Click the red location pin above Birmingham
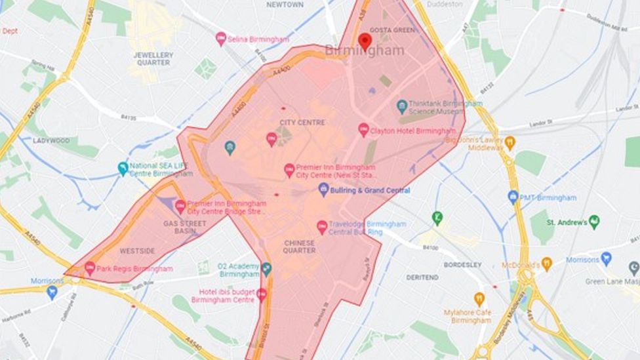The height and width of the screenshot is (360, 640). tap(365, 41)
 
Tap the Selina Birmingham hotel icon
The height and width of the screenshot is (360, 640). tap(221, 39)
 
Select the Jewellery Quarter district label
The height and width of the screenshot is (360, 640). tap(153, 59)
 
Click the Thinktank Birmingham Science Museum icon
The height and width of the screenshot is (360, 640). tap(402, 106)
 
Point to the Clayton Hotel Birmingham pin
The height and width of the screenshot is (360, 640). tap(363, 130)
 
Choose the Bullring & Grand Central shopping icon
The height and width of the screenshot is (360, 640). tap(323, 190)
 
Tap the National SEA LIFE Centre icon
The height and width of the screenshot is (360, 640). tap(123, 169)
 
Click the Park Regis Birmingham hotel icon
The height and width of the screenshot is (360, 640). tap(90, 268)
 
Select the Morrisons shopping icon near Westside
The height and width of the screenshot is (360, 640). tap(52, 292)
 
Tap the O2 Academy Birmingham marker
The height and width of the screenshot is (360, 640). tap(266, 268)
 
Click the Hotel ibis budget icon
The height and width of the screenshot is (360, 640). tap(262, 294)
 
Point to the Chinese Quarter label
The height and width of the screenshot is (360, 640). tap(299, 247)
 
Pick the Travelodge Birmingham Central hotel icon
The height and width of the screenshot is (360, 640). tap(322, 227)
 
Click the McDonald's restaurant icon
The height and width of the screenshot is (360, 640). tap(546, 264)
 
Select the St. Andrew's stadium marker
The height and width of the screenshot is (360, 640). tap(594, 222)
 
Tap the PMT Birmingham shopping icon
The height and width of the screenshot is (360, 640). tap(513, 197)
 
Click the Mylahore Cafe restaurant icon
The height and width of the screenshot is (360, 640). tap(479, 299)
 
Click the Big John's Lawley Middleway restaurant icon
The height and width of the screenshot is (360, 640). tap(510, 142)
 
